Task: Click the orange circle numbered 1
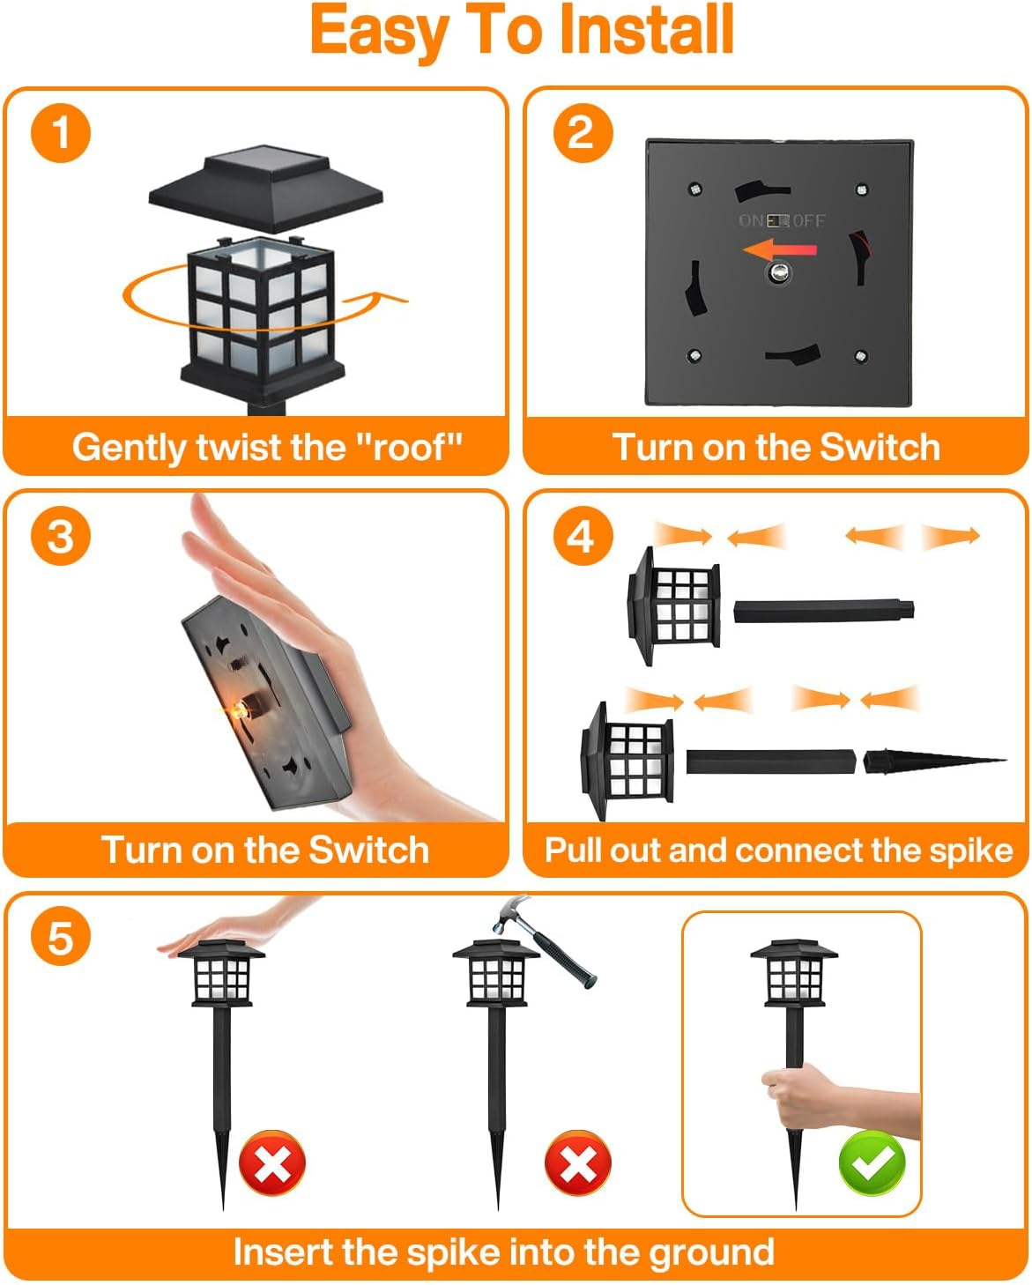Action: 61,132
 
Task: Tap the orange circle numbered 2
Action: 583,132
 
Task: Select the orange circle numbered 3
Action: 61,536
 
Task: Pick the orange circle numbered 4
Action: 583,536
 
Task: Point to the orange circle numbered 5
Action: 61,938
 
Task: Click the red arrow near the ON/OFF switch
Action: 779,249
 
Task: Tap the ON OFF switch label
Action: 782,221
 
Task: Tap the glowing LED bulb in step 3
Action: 240,710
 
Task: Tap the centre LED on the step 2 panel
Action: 777,273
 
